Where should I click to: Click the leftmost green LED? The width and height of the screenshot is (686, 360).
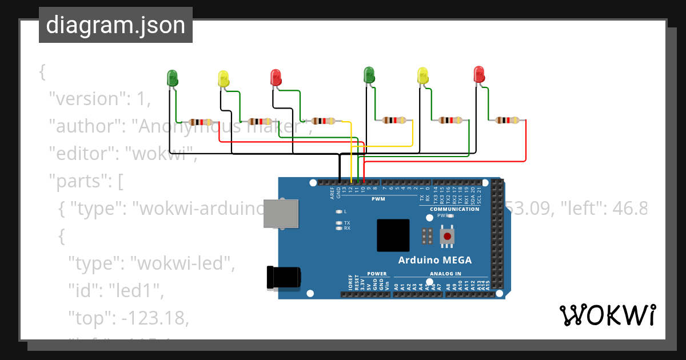pyautogui.click(x=172, y=78)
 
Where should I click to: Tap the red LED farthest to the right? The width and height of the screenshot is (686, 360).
pyautogui.click(x=479, y=75)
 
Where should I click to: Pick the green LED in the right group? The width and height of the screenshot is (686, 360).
pyautogui.click(x=369, y=75)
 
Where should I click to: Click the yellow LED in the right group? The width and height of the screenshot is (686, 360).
pyautogui.click(x=422, y=76)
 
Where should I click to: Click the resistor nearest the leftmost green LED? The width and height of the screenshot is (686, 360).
pyautogui.click(x=201, y=122)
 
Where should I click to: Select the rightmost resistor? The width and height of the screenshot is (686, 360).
pyautogui.click(x=507, y=120)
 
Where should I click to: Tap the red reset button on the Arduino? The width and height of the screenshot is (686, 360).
pyautogui.click(x=447, y=235)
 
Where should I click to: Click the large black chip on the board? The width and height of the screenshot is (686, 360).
pyautogui.click(x=393, y=235)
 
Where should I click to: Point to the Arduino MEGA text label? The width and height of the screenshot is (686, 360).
pyautogui.click(x=434, y=260)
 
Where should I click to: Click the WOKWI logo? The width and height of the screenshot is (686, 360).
pyautogui.click(x=607, y=315)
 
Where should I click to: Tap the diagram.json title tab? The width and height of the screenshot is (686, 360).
pyautogui.click(x=115, y=25)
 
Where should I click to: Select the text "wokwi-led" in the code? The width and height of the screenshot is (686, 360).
pyautogui.click(x=183, y=264)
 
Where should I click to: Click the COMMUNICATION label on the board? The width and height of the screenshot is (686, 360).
pyautogui.click(x=454, y=209)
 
